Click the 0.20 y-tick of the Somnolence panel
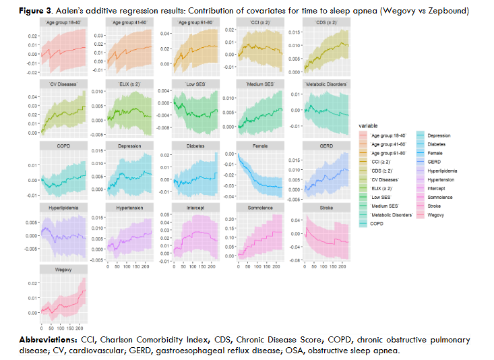229,220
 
